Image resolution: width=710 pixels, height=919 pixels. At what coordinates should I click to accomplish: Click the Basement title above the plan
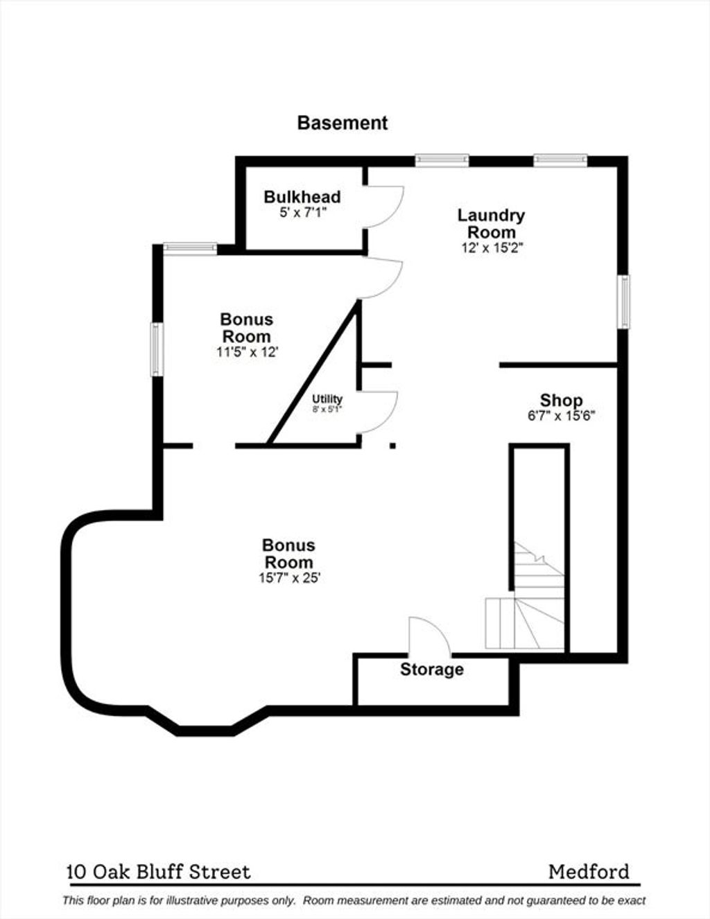pyautogui.click(x=343, y=123)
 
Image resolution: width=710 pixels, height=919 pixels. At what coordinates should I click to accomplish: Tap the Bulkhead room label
pyautogui.click(x=302, y=197)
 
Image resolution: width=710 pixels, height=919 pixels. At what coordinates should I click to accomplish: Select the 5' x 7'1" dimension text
pyautogui.click(x=303, y=212)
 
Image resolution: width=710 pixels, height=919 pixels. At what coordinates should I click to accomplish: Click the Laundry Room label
pyautogui.click(x=492, y=224)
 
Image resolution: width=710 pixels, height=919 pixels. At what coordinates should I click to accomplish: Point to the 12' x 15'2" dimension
pyautogui.click(x=492, y=248)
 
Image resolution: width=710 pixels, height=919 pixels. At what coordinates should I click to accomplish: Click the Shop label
pyautogui.click(x=561, y=400)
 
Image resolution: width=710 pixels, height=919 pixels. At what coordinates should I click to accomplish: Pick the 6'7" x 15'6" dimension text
pyautogui.click(x=561, y=416)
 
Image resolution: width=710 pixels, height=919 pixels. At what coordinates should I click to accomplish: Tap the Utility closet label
pyautogui.click(x=327, y=399)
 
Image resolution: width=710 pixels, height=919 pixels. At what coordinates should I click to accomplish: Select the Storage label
pyautogui.click(x=432, y=669)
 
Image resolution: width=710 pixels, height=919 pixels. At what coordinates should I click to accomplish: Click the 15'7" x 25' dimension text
pyautogui.click(x=290, y=578)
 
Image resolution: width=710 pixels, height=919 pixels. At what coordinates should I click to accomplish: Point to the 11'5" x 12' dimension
pyautogui.click(x=247, y=352)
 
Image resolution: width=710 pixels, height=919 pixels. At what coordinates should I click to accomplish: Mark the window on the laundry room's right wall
pyautogui.click(x=623, y=301)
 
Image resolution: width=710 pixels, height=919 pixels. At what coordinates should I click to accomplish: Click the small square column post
pyautogui.click(x=392, y=446)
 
